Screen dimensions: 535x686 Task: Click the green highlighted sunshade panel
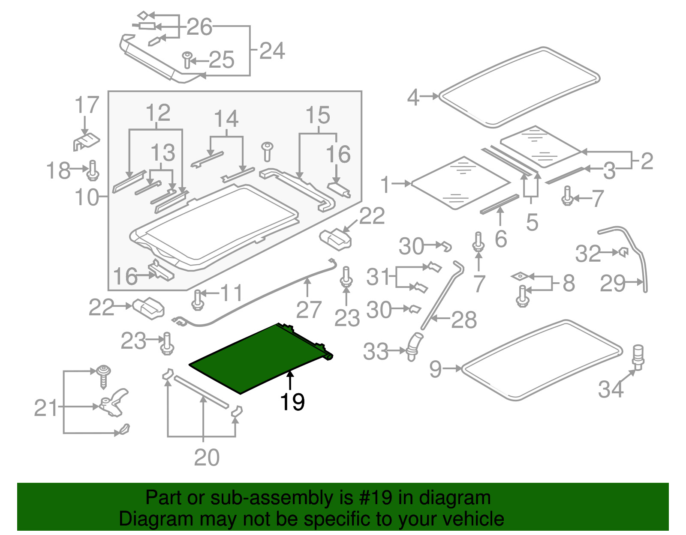pos(257,358)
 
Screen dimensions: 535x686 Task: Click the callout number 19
pos(292,402)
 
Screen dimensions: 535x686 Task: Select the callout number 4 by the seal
pos(413,97)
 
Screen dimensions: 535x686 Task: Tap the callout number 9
pos(435,369)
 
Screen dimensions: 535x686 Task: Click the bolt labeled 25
pos(187,60)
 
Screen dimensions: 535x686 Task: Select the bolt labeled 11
pos(198,299)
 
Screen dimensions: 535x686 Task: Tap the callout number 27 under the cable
pos(308,310)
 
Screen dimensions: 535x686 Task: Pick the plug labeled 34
pos(638,356)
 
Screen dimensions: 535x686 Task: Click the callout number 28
pos(464,320)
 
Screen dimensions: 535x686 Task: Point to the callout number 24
pos(272,51)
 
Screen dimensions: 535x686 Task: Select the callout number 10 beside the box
pos(87,197)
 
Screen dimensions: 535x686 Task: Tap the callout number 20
pos(207,457)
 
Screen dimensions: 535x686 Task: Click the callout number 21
pos(46,408)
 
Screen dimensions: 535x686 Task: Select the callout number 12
pos(157,113)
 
